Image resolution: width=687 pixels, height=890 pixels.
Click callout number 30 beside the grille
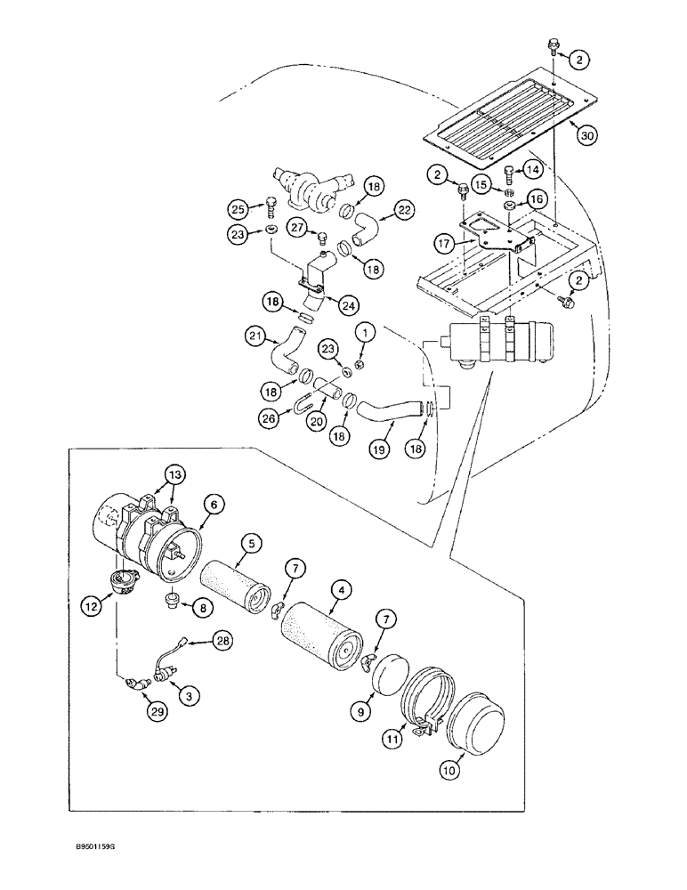pyautogui.click(x=586, y=136)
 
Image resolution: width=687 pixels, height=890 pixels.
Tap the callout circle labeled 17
pyautogui.click(x=445, y=241)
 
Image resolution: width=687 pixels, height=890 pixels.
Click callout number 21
pyautogui.click(x=255, y=336)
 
